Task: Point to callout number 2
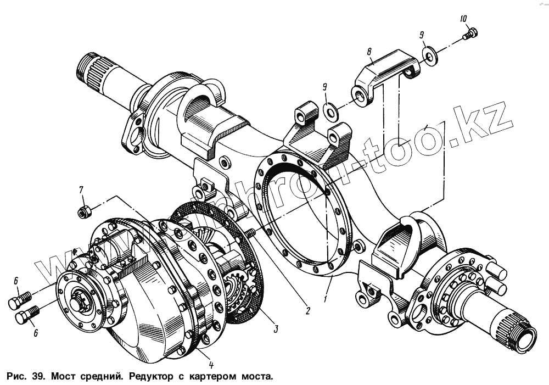[x=307, y=311]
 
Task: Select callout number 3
[x=276, y=329]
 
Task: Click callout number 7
[x=81, y=190]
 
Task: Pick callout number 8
[x=369, y=52]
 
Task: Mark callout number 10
[x=464, y=19]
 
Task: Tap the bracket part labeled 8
[x=384, y=74]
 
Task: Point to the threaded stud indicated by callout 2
[x=250, y=233]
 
